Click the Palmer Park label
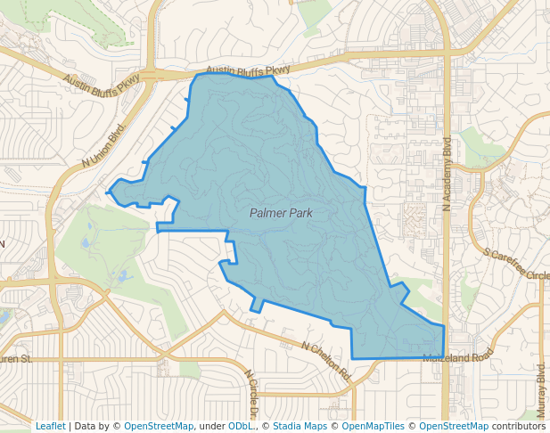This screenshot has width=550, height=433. [x=281, y=213]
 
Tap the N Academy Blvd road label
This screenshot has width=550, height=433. [x=448, y=168]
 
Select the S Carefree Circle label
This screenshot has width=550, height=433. [x=517, y=265]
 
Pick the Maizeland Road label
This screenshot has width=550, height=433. [x=458, y=355]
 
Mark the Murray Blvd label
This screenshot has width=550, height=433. [x=541, y=390]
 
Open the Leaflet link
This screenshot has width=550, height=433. [x=50, y=427]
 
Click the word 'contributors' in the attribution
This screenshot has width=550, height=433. [x=519, y=427]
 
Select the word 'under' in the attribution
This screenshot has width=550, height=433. [x=212, y=427]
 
